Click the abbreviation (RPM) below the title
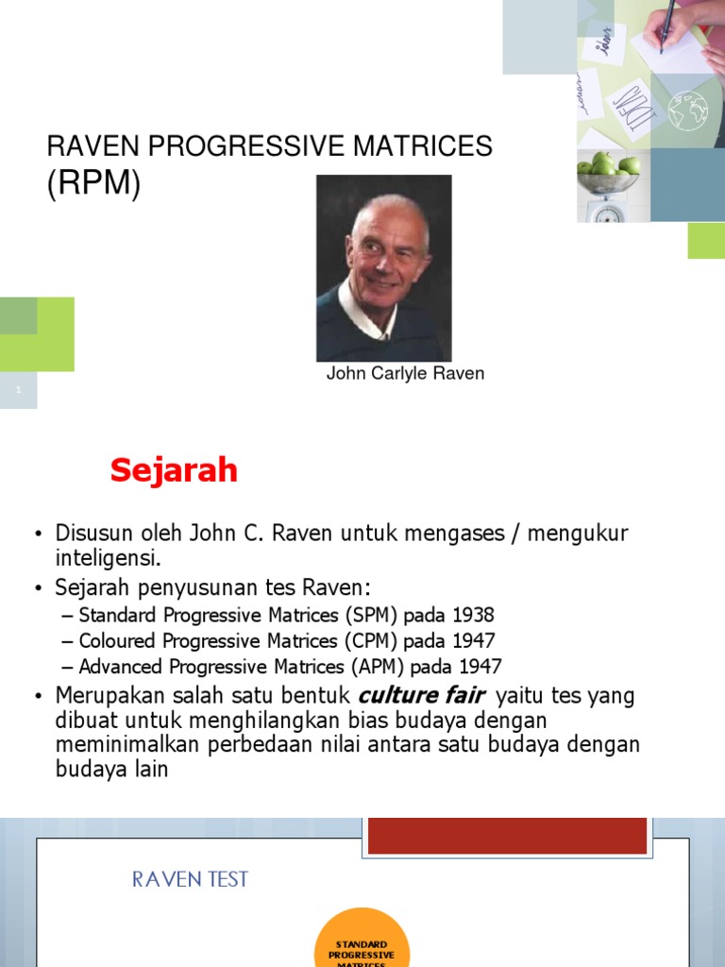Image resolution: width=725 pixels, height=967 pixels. click(x=93, y=184)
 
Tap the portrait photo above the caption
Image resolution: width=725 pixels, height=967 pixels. click(x=383, y=268)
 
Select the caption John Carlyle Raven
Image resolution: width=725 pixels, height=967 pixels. click(x=405, y=373)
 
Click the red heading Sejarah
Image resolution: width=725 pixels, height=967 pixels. click(x=174, y=470)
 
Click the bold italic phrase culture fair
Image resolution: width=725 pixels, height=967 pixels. click(x=422, y=696)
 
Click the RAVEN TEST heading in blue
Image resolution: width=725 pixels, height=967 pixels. click(x=190, y=879)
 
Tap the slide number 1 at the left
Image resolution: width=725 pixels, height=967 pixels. click(x=18, y=390)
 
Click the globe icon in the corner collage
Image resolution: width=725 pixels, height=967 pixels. click(x=688, y=111)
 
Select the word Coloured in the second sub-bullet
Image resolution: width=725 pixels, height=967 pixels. click(x=116, y=641)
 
